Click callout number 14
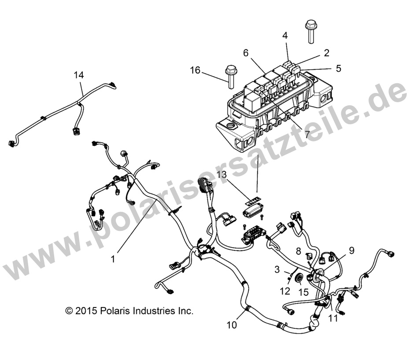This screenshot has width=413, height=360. pos(79,75)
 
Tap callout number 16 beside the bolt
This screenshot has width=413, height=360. pos(195,70)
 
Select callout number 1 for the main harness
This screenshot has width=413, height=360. pos(113,260)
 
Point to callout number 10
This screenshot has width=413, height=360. pos(232,325)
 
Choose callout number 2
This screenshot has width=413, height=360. pos(326,52)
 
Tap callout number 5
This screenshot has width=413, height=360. pos(338,68)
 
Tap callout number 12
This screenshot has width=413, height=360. pos(285,291)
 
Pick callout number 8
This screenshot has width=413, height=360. pos(298,252)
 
